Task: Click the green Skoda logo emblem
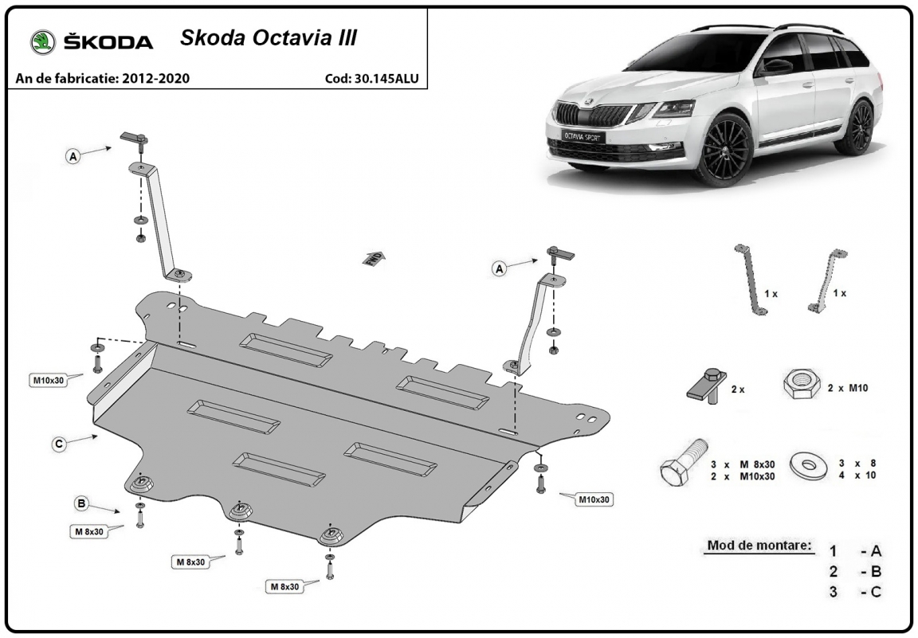[43, 42]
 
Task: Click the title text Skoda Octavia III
[268, 37]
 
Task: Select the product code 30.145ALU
[386, 78]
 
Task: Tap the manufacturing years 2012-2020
[155, 78]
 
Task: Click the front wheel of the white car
[726, 150]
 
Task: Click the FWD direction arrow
[374, 258]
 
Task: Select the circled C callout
[58, 444]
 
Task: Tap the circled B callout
[81, 503]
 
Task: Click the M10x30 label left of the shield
[49, 381]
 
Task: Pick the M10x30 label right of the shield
[594, 500]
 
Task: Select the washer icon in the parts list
[809, 465]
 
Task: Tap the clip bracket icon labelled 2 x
[707, 386]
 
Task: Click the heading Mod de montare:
[760, 546]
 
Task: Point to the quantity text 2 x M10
[848, 387]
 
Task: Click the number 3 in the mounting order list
[833, 592]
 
